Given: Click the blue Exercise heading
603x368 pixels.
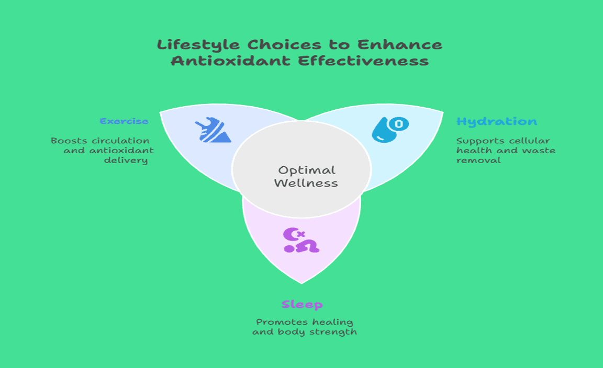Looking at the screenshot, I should click(124, 121).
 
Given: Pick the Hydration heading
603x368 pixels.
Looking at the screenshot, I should click(496, 122).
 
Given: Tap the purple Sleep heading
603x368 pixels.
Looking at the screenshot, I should click(302, 304).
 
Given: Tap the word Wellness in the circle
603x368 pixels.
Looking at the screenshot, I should click(306, 183).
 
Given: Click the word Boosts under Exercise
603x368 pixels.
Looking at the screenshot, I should click(69, 141).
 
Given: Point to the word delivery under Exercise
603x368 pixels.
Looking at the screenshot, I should click(132, 160).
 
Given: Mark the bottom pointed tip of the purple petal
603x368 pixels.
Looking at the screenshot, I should click(301, 283).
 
